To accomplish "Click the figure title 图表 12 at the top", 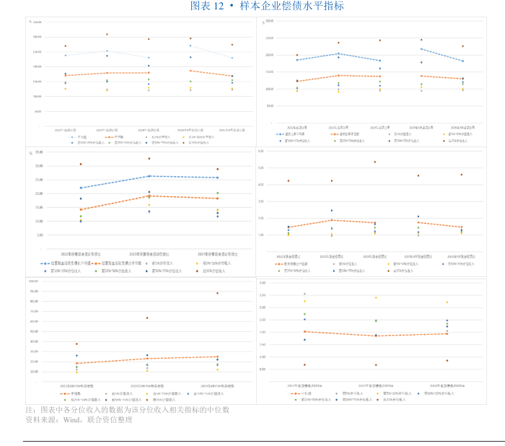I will [x=208, y=6].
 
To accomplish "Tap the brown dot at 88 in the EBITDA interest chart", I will [x=217, y=293].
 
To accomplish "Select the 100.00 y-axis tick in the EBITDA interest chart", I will [x=34, y=281].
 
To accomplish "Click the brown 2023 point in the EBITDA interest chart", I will [x=147, y=318].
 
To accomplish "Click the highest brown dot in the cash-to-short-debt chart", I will [x=374, y=162].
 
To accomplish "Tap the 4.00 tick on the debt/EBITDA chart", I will [x=263, y=284].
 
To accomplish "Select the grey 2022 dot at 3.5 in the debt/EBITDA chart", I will [x=304, y=294].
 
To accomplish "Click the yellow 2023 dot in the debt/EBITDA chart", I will [x=376, y=297].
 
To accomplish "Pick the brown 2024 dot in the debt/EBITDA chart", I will [x=447, y=360].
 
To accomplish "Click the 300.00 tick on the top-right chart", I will [x=268, y=21].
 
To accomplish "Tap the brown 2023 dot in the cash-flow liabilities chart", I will [x=149, y=159].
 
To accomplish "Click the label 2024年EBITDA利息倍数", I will [x=217, y=385].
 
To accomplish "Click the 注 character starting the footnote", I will [x=30, y=409].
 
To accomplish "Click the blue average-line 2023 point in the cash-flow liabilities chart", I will [x=149, y=176].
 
